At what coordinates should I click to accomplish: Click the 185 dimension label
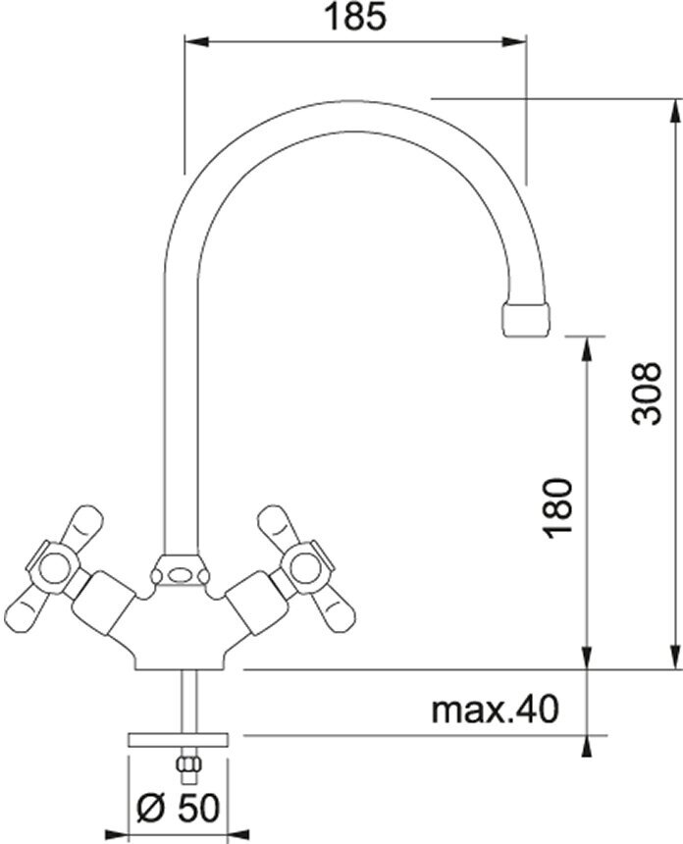click(x=356, y=18)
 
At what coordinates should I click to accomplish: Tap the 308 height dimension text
click(x=647, y=394)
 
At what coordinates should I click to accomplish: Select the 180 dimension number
click(x=557, y=507)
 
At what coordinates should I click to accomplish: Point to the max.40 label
click(x=496, y=709)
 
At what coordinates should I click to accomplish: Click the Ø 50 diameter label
click(x=179, y=808)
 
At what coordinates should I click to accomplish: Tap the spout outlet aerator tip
click(x=526, y=319)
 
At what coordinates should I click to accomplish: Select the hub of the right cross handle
click(x=306, y=568)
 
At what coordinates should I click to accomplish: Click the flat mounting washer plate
click(x=179, y=740)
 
